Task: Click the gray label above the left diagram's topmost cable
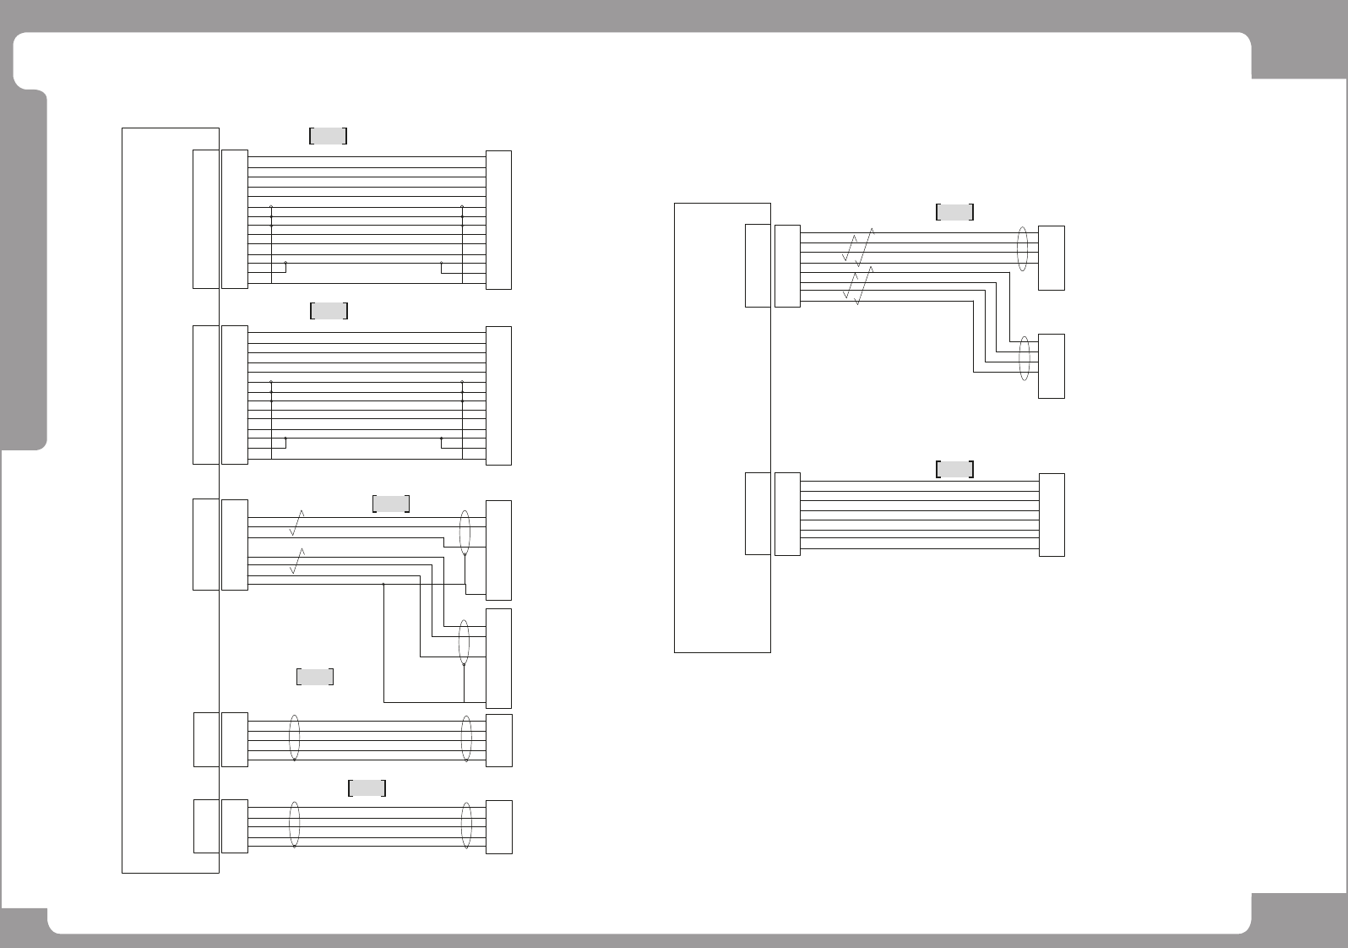point(329,136)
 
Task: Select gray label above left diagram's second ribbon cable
point(329,311)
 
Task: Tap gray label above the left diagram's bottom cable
point(367,788)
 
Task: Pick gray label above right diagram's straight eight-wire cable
point(954,470)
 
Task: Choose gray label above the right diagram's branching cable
point(954,212)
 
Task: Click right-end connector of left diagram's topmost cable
point(498,220)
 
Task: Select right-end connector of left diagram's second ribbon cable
point(498,395)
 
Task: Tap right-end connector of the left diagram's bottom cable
point(499,826)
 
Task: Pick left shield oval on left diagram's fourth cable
point(294,739)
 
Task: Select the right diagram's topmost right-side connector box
point(1051,258)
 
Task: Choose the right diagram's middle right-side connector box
point(1051,366)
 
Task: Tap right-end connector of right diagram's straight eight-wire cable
point(1051,515)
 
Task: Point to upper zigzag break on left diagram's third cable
point(296,523)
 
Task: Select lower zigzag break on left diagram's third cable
point(296,561)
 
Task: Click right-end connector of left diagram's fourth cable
point(499,740)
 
